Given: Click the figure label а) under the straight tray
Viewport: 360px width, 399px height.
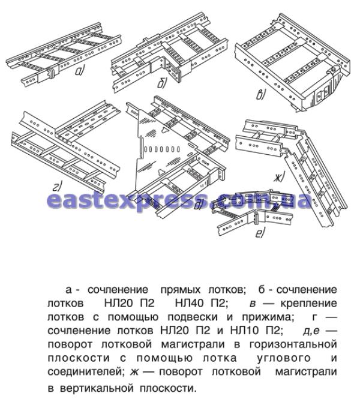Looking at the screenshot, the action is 79,71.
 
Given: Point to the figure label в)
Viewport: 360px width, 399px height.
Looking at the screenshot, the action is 261,95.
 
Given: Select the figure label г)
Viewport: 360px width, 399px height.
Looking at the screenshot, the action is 57,187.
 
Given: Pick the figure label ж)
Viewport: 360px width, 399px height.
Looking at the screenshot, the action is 280,177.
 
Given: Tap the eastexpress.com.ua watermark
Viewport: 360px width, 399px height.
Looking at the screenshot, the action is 179,200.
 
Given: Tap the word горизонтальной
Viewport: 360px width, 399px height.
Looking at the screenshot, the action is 293,344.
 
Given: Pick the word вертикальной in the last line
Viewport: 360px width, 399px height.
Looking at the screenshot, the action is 97,388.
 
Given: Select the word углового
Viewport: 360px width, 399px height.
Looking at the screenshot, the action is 284,358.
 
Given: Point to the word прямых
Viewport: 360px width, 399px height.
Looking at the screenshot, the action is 181,290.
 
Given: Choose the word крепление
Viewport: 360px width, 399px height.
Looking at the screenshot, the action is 308,304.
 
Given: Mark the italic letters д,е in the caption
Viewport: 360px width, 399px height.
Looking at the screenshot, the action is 311,331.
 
